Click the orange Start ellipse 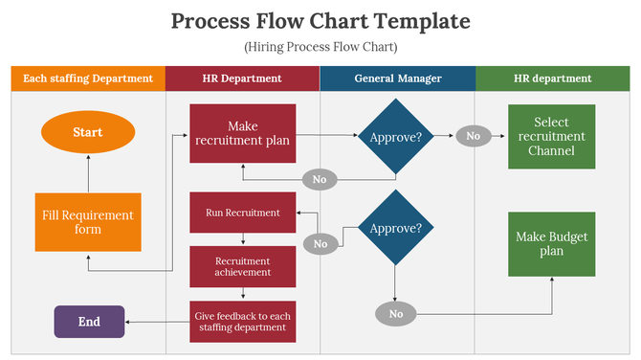[x=87, y=132]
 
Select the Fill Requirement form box [x=87, y=222]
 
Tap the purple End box [x=89, y=322]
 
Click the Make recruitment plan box [x=243, y=133]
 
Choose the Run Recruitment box [x=243, y=213]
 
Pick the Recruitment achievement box [x=243, y=266]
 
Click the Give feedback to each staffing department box [x=243, y=321]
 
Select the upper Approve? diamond [x=396, y=137]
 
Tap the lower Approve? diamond [x=395, y=229]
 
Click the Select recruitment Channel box [x=552, y=137]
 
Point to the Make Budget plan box [x=552, y=244]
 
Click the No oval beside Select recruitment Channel [x=473, y=136]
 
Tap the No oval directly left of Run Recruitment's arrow [x=320, y=244]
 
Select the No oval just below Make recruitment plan [x=320, y=179]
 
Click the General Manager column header [x=397, y=79]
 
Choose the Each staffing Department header [x=87, y=79]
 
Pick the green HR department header [x=552, y=79]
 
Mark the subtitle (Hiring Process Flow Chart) [x=320, y=46]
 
